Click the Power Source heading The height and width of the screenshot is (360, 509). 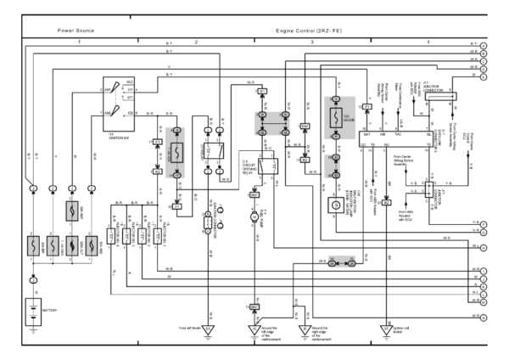(76, 30)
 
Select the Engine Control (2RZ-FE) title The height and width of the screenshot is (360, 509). (308, 30)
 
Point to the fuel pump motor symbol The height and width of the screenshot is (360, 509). (252, 218)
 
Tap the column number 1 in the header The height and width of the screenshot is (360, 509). (80, 41)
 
